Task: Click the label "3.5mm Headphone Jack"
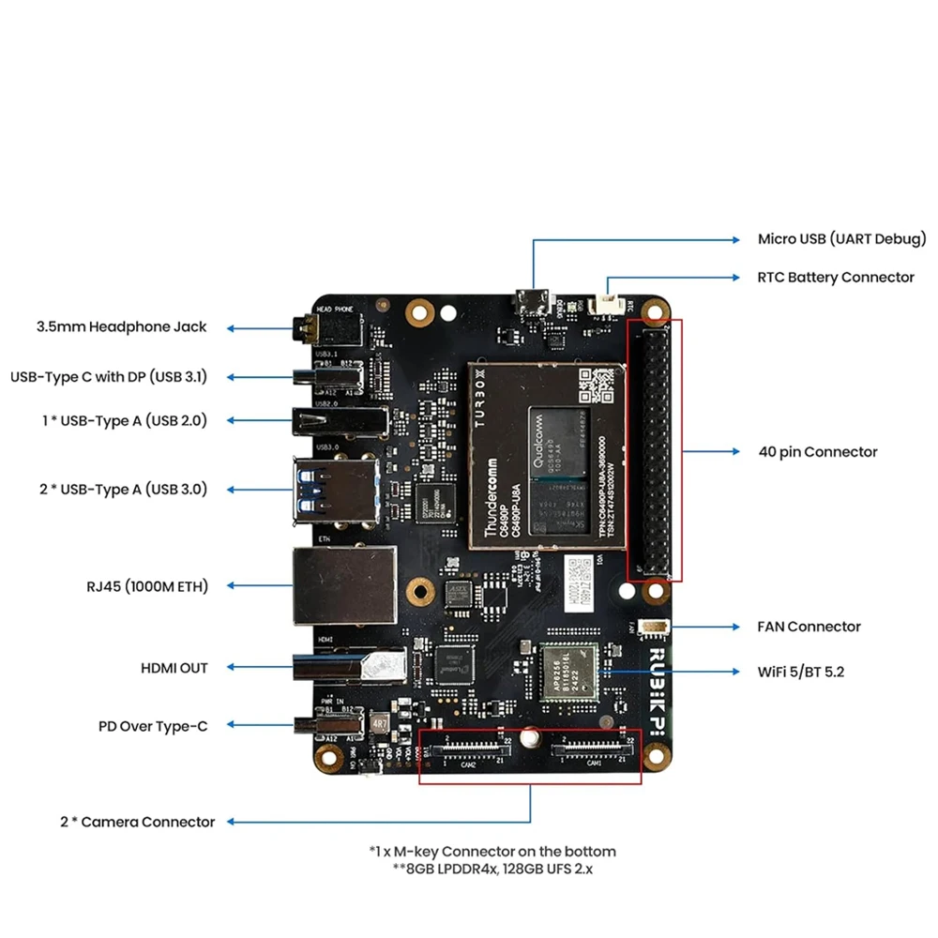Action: point(121,327)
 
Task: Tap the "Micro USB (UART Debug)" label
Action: point(841,239)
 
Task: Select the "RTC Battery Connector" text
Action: point(835,278)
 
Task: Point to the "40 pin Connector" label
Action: point(817,452)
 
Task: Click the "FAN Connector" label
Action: point(808,627)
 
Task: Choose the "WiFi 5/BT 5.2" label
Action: point(800,672)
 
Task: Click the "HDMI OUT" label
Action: point(174,668)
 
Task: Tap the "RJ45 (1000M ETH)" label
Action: point(146,586)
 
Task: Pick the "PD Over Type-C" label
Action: point(153,726)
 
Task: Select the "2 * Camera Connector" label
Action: point(137,822)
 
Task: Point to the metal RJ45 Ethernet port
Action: point(343,586)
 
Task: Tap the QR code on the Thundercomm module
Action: point(598,386)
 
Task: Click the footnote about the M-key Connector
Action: point(492,852)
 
